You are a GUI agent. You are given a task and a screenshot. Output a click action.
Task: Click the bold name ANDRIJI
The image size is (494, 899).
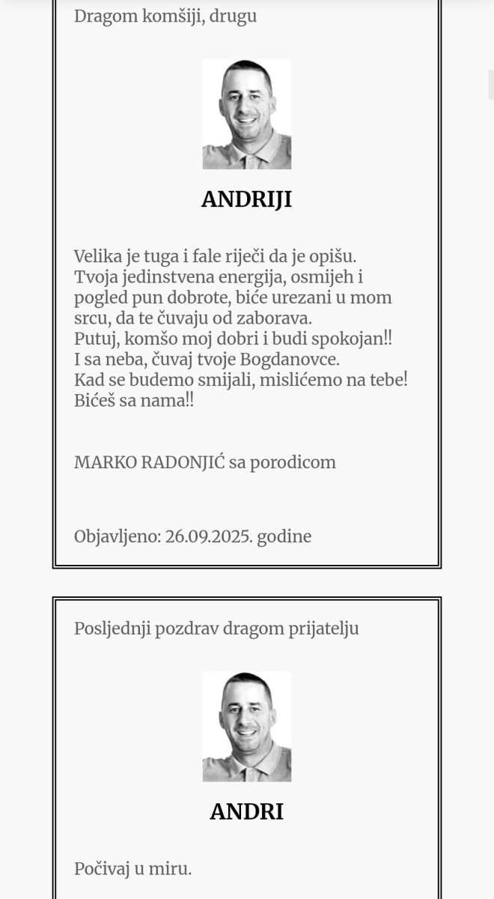coord(246,199)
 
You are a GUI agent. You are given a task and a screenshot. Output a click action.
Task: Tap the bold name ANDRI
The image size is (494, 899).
coord(246,811)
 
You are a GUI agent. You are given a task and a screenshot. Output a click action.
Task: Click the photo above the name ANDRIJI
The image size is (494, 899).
coord(246,114)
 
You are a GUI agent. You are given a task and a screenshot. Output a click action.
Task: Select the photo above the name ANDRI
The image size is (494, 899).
coord(246,726)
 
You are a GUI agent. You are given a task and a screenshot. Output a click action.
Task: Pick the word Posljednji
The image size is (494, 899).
coord(112,629)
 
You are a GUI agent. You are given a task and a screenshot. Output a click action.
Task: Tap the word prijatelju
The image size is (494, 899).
coord(323,629)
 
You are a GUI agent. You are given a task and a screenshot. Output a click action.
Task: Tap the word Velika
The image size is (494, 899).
coord(97,255)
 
